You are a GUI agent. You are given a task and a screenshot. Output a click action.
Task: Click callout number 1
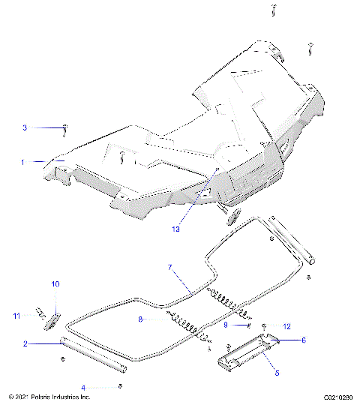point(22,162)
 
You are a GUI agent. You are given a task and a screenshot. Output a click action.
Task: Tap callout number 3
point(24,128)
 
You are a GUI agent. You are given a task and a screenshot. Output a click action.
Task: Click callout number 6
point(304,340)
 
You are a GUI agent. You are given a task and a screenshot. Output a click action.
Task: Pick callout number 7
point(170,267)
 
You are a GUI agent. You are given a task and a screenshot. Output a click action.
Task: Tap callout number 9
point(225,325)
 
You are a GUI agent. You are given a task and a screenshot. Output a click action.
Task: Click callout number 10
point(55,284)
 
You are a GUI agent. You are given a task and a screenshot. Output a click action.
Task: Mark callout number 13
point(175,229)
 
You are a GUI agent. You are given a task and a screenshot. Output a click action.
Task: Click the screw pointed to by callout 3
point(66,129)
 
